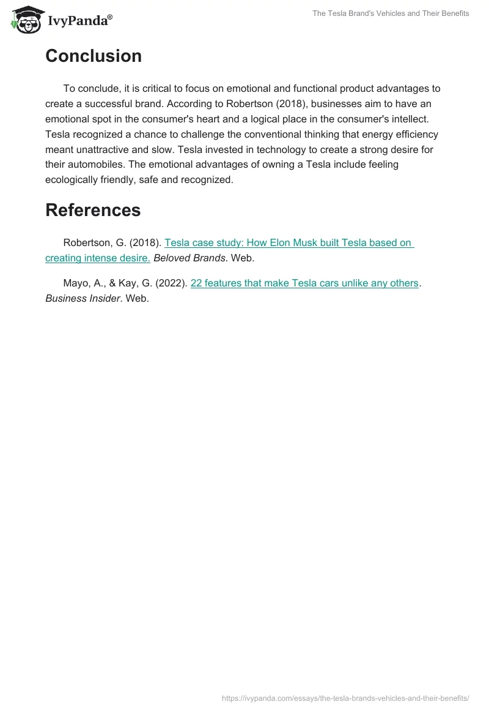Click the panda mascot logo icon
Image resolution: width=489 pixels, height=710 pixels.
(x=24, y=19)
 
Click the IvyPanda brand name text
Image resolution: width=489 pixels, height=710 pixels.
(x=77, y=21)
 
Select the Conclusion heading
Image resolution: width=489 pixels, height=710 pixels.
(x=94, y=56)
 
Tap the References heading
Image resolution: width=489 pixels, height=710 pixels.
(x=93, y=210)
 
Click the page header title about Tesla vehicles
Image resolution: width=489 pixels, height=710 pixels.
(x=391, y=13)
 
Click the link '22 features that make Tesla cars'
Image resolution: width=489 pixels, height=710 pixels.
(x=304, y=283)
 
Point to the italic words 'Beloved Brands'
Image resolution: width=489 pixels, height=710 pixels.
(x=189, y=258)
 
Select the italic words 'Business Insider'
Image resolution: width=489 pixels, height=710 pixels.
(x=82, y=299)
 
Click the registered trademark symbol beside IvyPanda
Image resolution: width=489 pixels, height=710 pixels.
(x=110, y=17)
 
